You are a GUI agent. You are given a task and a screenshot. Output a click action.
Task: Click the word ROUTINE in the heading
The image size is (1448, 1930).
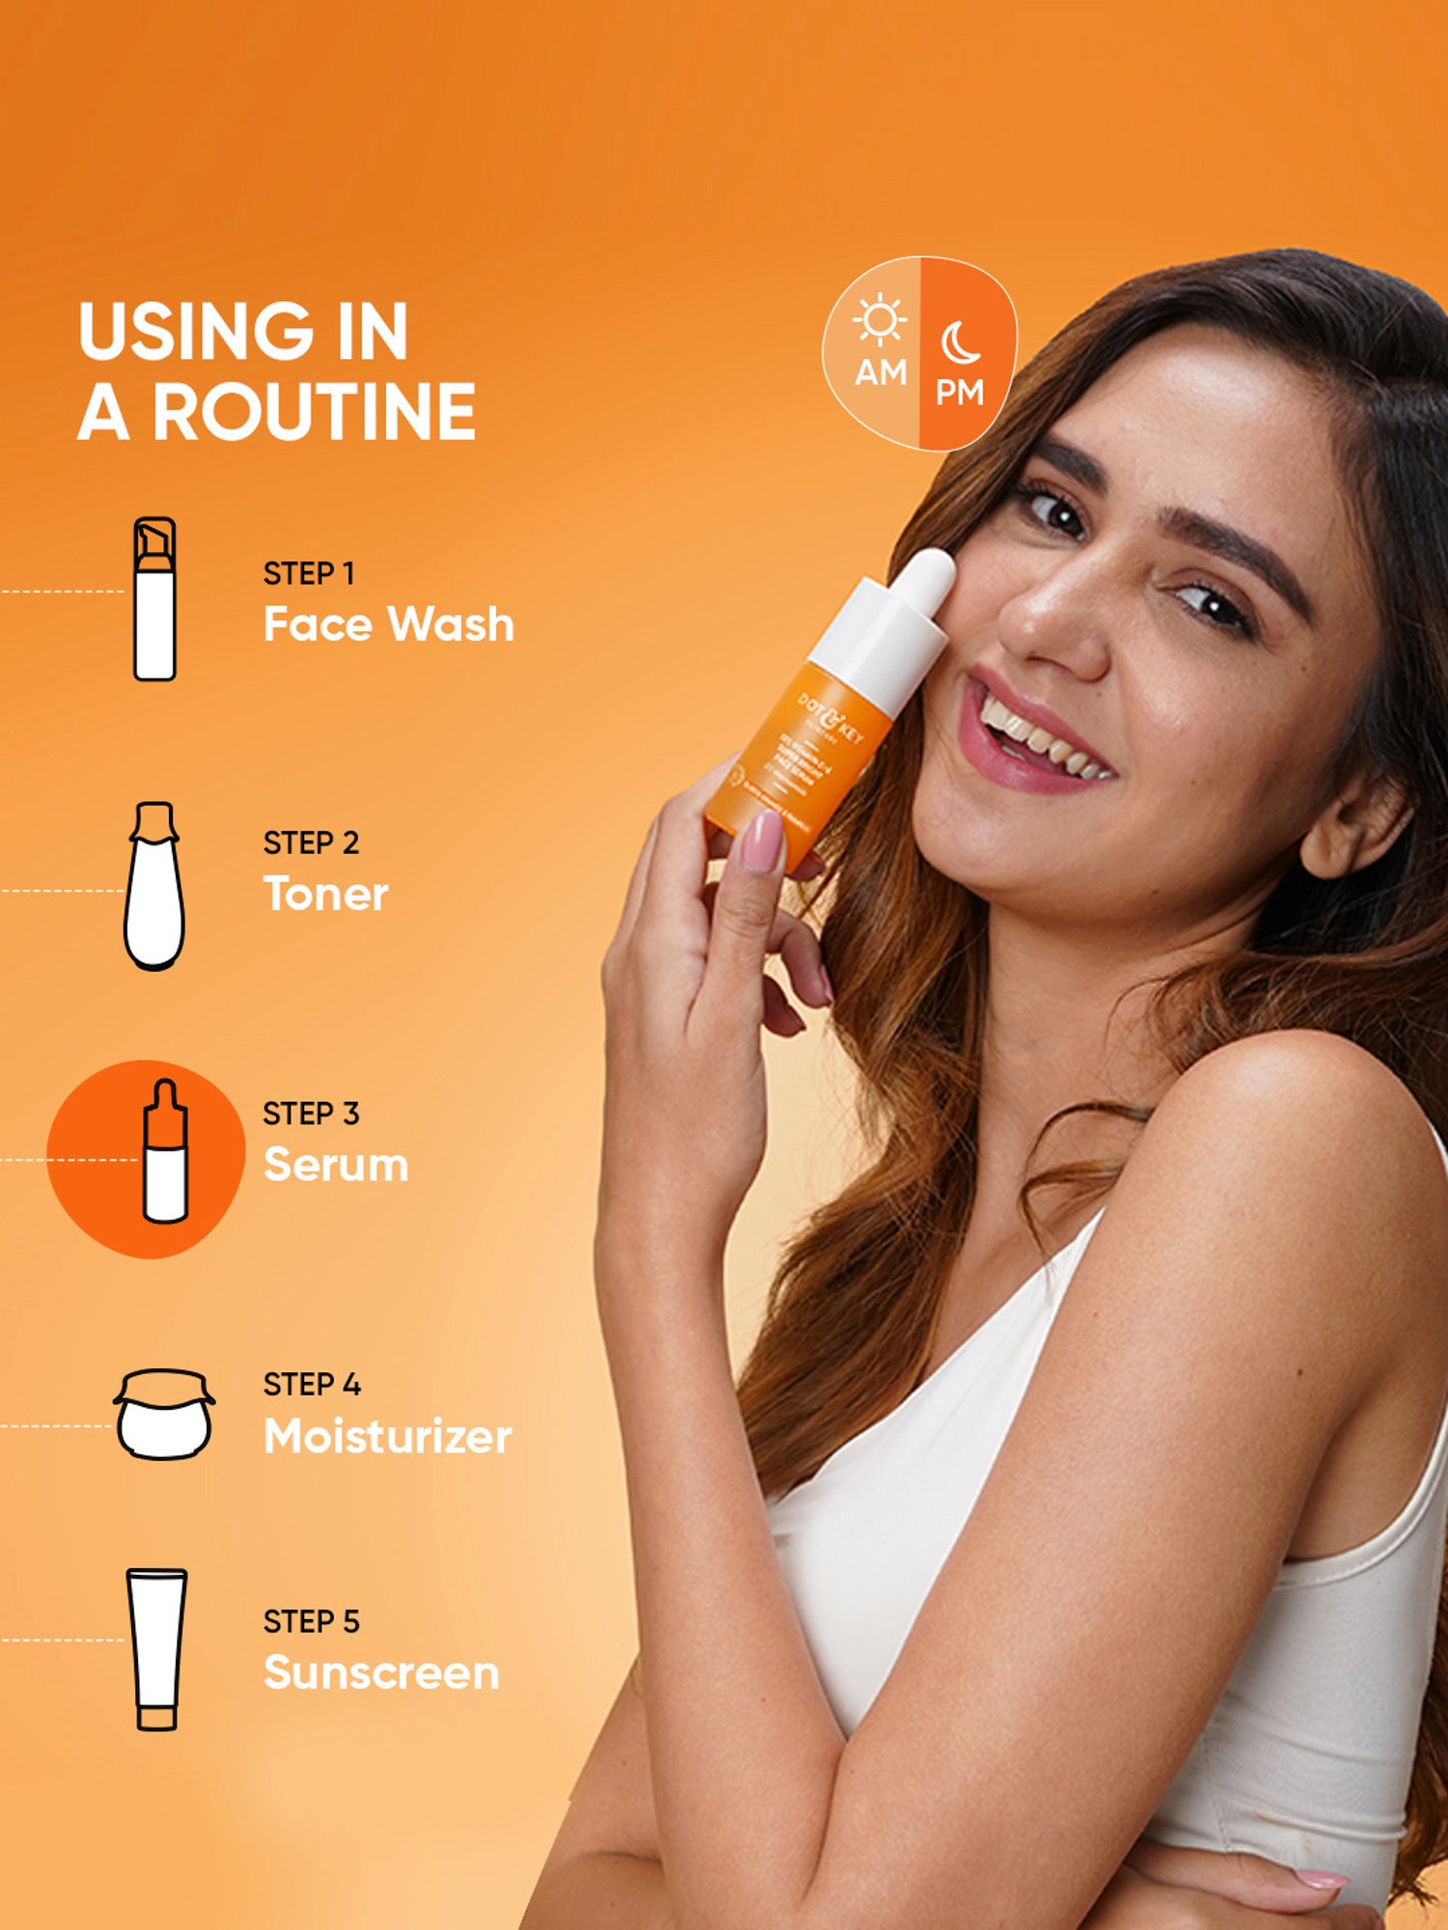point(314,412)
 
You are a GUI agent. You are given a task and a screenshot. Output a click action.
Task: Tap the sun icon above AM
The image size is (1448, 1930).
point(879,320)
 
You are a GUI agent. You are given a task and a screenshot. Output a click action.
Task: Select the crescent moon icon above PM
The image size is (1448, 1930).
point(960,343)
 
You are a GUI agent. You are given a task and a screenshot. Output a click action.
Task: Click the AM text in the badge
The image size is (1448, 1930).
point(880,372)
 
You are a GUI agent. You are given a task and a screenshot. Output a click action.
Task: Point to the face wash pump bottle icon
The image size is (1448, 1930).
point(154,599)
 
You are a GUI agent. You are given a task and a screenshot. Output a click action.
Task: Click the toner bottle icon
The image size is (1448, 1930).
point(154,885)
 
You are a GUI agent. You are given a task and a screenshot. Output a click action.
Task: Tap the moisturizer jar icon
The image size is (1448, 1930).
point(164,1414)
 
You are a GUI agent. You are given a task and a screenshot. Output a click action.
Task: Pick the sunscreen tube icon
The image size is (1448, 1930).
point(156,1649)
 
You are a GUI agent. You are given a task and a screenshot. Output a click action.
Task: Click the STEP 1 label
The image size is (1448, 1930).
point(309,573)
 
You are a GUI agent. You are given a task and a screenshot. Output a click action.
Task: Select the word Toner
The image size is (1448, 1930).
point(325,894)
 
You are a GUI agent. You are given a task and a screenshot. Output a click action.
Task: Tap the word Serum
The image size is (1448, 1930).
point(336,1165)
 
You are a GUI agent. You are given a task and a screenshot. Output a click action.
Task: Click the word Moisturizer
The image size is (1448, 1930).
point(387,1436)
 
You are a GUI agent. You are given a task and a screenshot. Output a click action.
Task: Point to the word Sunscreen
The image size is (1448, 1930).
point(381,1672)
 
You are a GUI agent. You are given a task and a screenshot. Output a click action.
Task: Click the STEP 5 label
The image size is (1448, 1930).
point(311,1621)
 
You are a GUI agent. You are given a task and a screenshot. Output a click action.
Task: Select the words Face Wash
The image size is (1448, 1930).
point(388,624)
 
